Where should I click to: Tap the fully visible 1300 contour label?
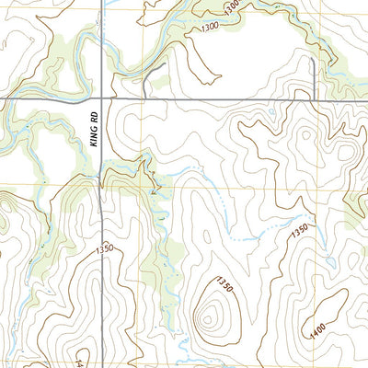pyautogui.click(x=208, y=30)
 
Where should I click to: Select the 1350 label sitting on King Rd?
pyautogui.click(x=103, y=248)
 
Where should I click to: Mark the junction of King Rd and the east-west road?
pyautogui.click(x=100, y=97)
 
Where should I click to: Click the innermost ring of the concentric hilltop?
pyautogui.click(x=213, y=318)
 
